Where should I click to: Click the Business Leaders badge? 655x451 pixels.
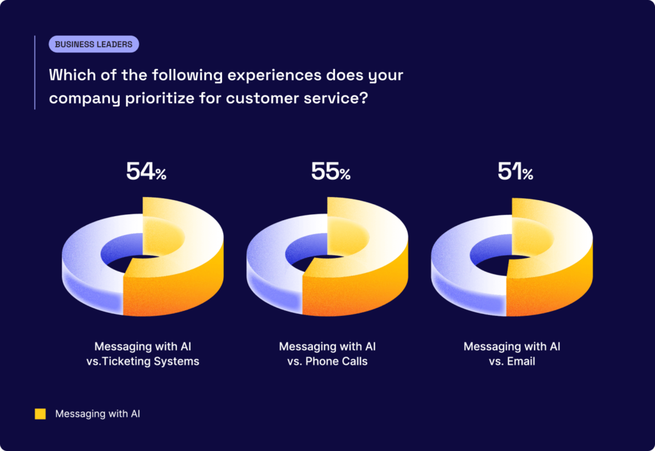coord(93,44)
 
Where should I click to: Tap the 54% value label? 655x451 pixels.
coord(146,172)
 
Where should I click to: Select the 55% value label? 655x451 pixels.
coord(331,172)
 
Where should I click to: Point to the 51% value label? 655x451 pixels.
coord(515,172)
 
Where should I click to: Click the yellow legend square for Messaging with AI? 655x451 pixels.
coord(40,414)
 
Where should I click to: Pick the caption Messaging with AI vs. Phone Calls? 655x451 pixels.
coord(327,354)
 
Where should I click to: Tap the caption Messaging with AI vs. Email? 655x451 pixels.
coord(512,354)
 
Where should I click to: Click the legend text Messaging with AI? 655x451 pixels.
coord(97,414)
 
